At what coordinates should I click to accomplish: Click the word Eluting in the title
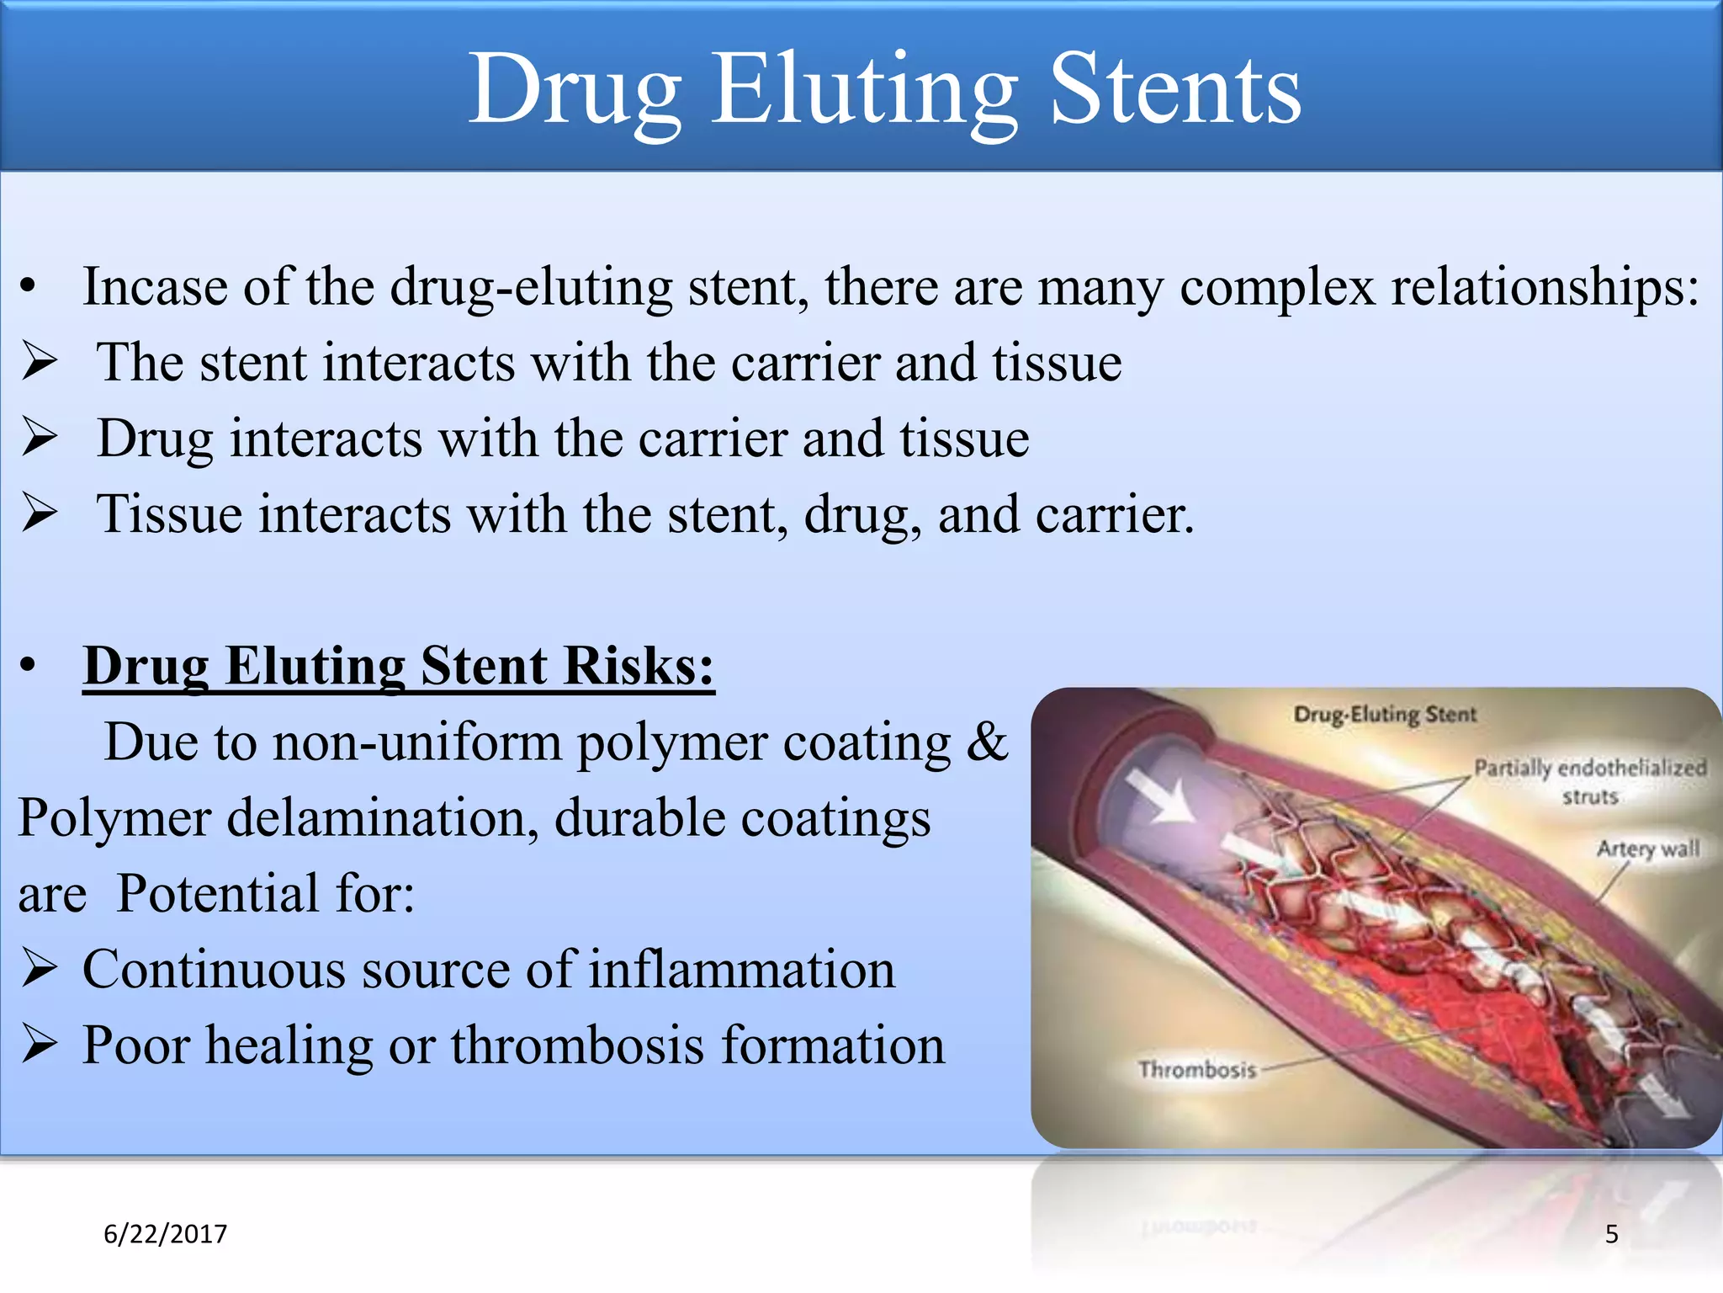coord(865,88)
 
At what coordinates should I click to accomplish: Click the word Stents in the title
coord(1175,88)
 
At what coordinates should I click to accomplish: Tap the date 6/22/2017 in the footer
coord(165,1234)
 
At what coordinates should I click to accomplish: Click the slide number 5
coord(1611,1234)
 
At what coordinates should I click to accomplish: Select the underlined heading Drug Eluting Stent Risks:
coord(399,667)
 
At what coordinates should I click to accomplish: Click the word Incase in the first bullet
coord(155,288)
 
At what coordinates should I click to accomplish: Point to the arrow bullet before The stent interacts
coord(40,362)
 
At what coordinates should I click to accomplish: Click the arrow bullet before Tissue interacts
coord(40,513)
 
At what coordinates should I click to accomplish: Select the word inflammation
coord(741,970)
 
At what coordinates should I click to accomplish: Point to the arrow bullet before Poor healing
coord(40,1045)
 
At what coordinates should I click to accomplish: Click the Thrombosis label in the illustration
coord(1196,1070)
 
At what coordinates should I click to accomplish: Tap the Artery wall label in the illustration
coord(1647,849)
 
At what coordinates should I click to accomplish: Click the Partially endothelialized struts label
coord(1589,780)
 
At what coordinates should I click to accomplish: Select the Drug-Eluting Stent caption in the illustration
coord(1384,715)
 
